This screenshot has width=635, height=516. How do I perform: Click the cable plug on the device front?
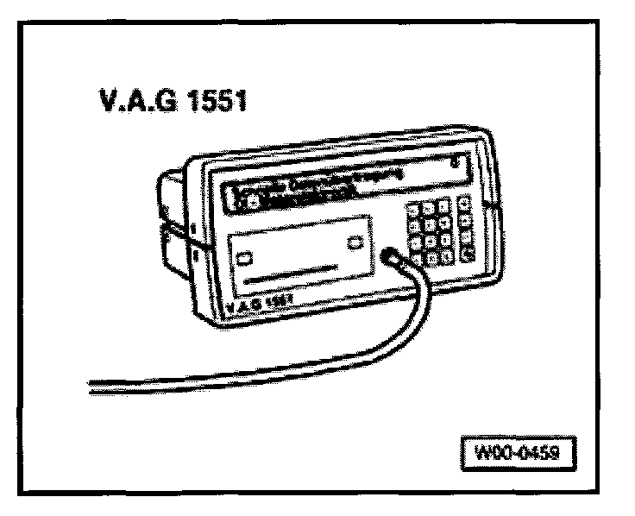tap(391, 256)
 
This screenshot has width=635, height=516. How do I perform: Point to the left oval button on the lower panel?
tap(244, 257)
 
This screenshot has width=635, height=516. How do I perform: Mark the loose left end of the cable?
tap(93, 387)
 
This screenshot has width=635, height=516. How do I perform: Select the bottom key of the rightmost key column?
tap(468, 253)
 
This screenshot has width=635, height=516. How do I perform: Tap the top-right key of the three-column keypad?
tap(444, 206)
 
